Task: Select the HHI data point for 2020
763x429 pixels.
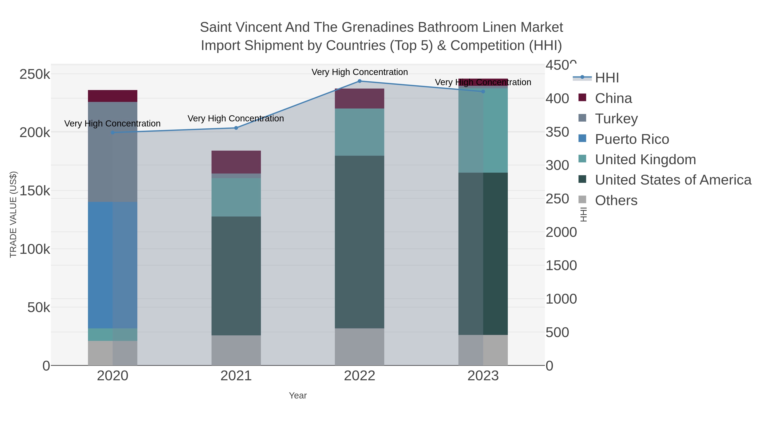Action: tap(113, 133)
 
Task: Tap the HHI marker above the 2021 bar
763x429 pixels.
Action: tap(236, 128)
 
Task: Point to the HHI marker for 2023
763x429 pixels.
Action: tap(483, 92)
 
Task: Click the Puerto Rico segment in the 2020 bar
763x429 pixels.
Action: tap(113, 265)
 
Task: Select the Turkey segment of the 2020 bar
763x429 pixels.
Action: tap(113, 152)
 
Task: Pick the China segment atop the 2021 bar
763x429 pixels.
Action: tap(236, 162)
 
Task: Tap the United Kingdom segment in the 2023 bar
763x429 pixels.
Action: tap(483, 130)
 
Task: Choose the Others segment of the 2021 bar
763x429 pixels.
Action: tap(236, 350)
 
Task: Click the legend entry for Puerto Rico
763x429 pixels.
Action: tap(632, 139)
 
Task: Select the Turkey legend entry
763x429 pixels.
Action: tap(616, 119)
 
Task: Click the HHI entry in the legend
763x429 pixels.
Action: tap(607, 78)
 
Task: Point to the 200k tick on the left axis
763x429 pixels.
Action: tap(35, 133)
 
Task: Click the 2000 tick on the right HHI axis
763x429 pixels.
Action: tap(561, 232)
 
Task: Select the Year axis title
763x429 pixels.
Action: tap(298, 396)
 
